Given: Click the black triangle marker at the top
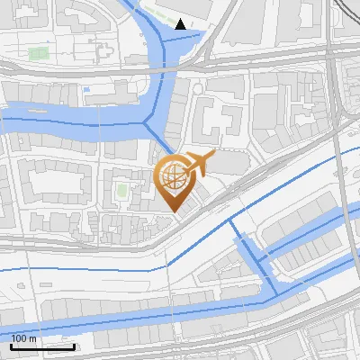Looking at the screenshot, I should click(181, 24).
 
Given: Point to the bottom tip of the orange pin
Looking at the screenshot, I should click(175, 212).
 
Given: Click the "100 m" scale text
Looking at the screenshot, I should click(24, 337).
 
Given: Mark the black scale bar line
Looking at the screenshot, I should click(42, 346).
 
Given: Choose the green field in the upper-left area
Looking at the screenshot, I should click(38, 53).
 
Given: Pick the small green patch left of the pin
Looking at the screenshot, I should click(121, 190).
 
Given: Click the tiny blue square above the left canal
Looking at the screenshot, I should click(86, 89).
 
